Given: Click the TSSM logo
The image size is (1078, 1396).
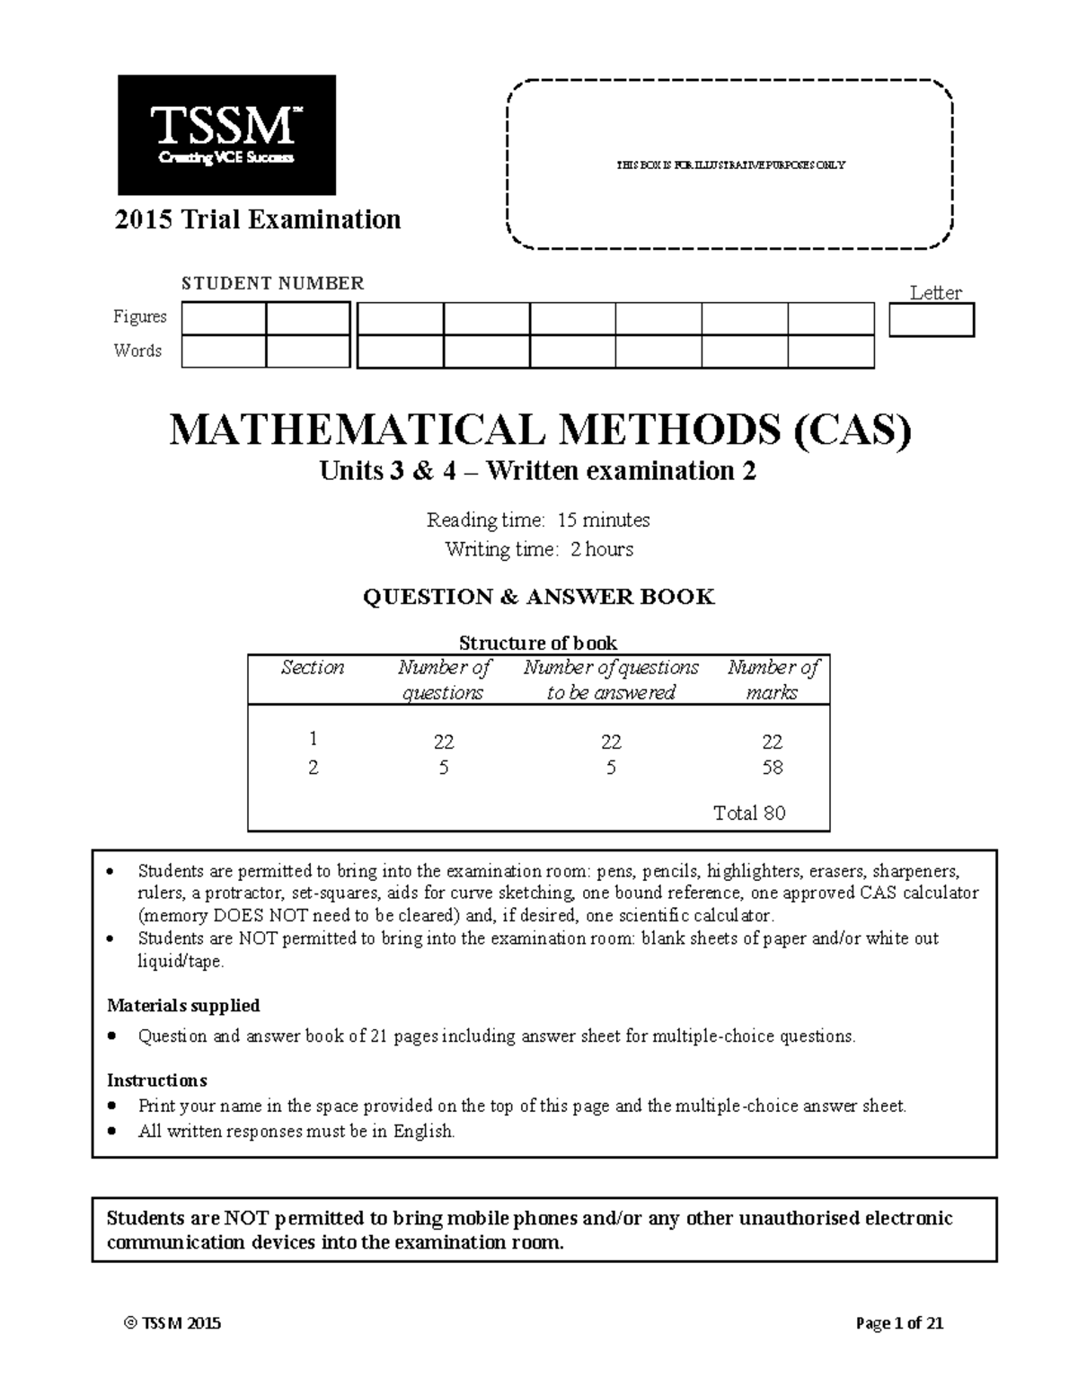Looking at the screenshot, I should click(226, 135).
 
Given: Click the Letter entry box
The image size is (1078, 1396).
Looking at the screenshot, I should click(931, 320).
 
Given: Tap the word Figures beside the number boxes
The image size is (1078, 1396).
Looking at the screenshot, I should click(139, 316).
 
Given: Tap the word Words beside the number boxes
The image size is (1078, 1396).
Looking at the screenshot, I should click(137, 351).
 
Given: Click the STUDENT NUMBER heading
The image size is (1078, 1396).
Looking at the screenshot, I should click(272, 283).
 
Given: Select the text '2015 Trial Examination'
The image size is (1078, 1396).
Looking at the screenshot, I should click(258, 219).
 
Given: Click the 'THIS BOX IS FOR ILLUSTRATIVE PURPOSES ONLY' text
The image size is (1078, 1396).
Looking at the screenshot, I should click(729, 165).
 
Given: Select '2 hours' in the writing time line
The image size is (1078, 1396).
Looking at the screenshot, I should click(601, 549).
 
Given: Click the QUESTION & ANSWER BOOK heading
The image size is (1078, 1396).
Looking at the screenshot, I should click(538, 597).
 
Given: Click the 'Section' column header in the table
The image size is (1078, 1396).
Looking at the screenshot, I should click(312, 668).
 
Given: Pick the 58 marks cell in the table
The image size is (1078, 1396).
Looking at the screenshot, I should click(772, 768).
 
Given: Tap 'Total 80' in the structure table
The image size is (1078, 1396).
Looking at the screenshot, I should click(748, 814).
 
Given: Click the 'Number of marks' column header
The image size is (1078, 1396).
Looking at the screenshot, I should click(773, 680).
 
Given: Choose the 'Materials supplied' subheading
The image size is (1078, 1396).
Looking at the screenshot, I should click(183, 1005).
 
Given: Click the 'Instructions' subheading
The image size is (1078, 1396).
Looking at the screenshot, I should click(157, 1080).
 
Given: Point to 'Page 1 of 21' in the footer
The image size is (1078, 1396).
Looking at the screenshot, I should click(899, 1323).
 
